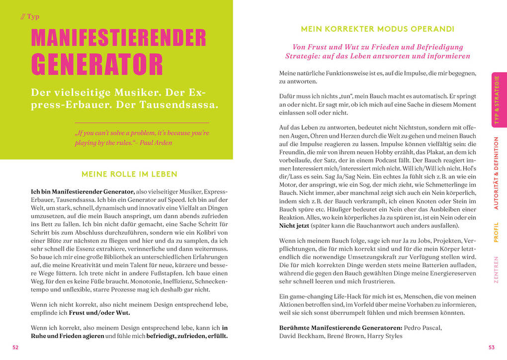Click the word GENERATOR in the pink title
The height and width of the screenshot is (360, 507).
[x=97, y=64]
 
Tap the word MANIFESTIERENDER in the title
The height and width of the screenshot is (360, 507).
[x=118, y=38]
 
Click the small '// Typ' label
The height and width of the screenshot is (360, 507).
[x=30, y=16]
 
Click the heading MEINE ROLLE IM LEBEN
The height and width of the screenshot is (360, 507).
[x=129, y=174]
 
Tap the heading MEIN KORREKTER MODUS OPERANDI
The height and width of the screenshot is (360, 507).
[x=377, y=29]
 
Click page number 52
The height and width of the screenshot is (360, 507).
[x=15, y=348]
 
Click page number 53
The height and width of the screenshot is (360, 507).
[x=492, y=348]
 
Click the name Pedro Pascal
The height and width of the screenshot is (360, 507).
[x=422, y=328]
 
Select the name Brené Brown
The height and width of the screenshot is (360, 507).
[x=347, y=336]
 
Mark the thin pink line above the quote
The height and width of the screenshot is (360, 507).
[x=142, y=122]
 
